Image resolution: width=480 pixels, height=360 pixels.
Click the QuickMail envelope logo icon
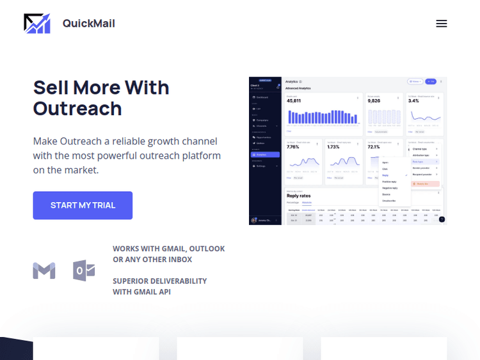(x=37, y=24)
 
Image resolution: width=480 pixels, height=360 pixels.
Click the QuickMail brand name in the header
(x=88, y=24)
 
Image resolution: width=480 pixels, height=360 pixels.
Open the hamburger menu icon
(x=441, y=24)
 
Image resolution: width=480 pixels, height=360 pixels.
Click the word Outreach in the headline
(x=77, y=108)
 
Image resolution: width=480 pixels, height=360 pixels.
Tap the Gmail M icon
(x=44, y=270)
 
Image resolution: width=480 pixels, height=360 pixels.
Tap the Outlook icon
(x=84, y=270)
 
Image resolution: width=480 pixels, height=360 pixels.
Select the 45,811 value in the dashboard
(x=294, y=101)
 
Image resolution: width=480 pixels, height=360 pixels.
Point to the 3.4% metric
(x=413, y=101)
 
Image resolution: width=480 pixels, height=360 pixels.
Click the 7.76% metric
(x=294, y=147)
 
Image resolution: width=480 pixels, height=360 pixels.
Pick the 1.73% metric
(x=333, y=147)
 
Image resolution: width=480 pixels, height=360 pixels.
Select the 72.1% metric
(x=374, y=147)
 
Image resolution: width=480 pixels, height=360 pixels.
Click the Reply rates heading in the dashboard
(x=298, y=196)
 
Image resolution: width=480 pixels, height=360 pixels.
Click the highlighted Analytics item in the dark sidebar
(x=264, y=154)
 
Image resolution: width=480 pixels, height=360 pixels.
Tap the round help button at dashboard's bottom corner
(x=442, y=219)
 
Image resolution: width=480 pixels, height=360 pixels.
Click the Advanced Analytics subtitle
(x=298, y=88)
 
